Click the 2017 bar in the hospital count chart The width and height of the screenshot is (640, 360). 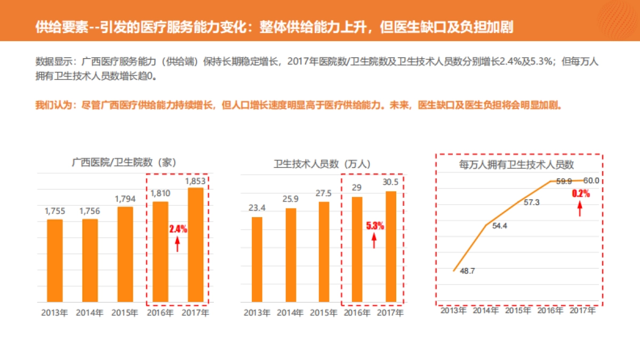coord(196,245)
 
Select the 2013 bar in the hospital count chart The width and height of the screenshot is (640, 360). coord(54,261)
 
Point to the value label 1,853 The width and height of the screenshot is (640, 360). coord(195,181)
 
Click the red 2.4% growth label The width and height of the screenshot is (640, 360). coord(178,229)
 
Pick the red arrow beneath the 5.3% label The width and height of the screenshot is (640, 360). coord(374,241)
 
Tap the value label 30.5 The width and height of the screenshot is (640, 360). coord(390,182)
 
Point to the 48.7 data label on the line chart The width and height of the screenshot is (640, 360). coord(467,271)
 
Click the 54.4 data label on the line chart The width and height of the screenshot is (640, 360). coord(499,226)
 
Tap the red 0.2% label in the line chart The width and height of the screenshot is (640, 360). coord(581,194)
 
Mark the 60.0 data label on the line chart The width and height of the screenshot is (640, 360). coord(591,180)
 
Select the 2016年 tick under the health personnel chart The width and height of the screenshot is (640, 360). coord(356,313)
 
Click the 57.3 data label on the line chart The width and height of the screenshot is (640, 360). coord(531,203)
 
